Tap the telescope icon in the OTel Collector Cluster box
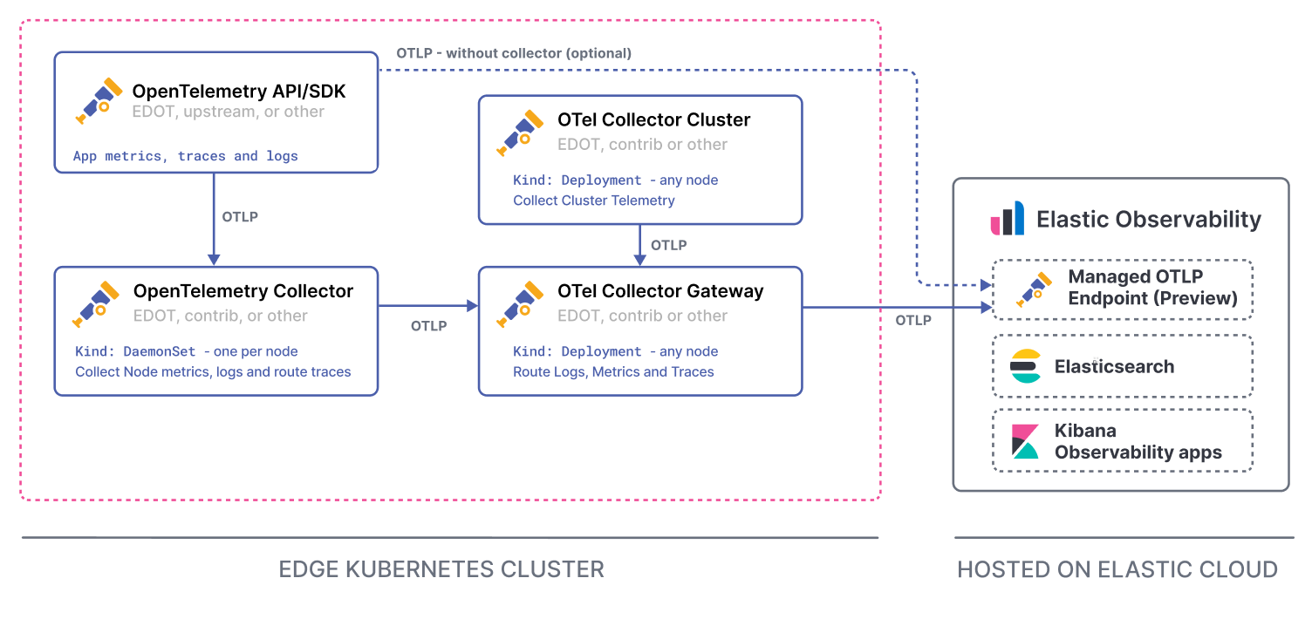(x=521, y=131)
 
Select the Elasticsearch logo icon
(x=1026, y=366)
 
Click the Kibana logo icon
(x=1025, y=441)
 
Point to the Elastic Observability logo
(x=1008, y=218)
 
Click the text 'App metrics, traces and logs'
(x=186, y=156)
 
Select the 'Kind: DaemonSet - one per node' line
(x=187, y=351)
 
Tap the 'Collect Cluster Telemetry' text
(x=594, y=201)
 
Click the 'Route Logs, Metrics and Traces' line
(x=613, y=371)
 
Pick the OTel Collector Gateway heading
(x=660, y=291)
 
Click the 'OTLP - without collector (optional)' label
(x=514, y=53)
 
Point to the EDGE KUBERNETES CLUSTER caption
(x=441, y=569)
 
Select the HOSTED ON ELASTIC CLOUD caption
(x=1117, y=569)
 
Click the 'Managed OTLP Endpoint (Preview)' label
(x=1152, y=288)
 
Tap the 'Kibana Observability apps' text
(x=1138, y=441)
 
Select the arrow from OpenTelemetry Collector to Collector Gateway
(x=428, y=305)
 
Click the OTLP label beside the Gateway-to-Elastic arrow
(x=913, y=321)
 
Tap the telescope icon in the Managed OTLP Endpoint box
(x=1035, y=289)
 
